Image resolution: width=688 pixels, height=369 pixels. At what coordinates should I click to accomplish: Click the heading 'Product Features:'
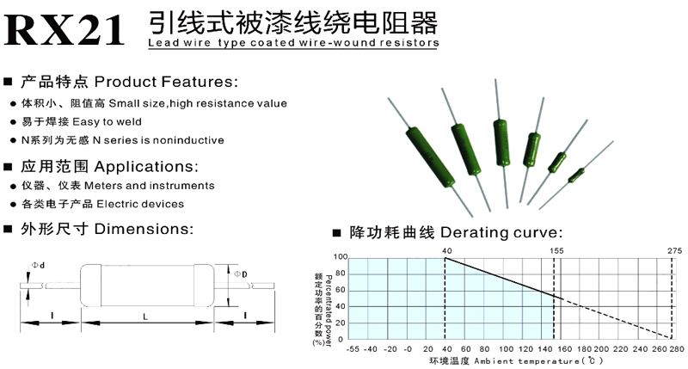164,83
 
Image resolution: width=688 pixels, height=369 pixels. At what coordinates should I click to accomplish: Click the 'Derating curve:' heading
502,233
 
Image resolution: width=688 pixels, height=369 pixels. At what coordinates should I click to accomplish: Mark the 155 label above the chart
556,249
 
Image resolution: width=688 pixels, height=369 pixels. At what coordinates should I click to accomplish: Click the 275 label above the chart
674,249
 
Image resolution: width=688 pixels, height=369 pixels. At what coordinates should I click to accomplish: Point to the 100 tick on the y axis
341,256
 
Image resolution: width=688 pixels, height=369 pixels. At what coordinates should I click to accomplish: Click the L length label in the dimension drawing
144,318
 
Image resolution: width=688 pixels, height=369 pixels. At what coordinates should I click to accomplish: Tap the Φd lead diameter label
39,265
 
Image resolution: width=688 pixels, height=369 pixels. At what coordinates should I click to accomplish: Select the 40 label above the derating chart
446,249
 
